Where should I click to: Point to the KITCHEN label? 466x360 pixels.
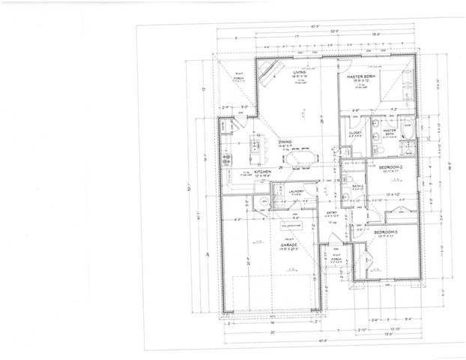pyautogui.click(x=262, y=171)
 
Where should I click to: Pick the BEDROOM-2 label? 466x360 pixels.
pyautogui.click(x=392, y=166)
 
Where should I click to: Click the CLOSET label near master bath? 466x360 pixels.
pyautogui.click(x=356, y=131)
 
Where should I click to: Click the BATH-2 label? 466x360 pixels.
pyautogui.click(x=359, y=185)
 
